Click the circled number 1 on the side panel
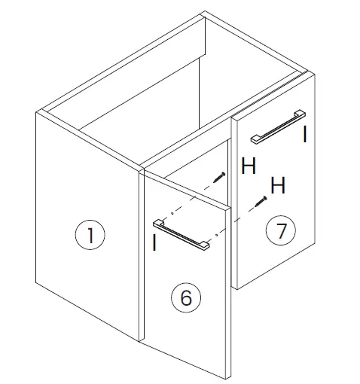tap(90, 236)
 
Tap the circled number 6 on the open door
tap(186, 298)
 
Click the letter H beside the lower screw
tap(278, 185)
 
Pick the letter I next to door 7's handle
tap(304, 136)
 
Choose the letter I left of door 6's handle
tap(154, 242)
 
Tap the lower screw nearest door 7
tap(261, 201)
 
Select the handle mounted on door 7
tap(277, 125)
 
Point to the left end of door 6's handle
tap(158, 223)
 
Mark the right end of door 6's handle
tap(207, 245)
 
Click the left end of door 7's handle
tap(255, 138)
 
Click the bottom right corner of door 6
tap(226, 376)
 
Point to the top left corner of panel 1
tap(37, 112)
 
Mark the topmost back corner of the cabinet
tap(204, 13)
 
